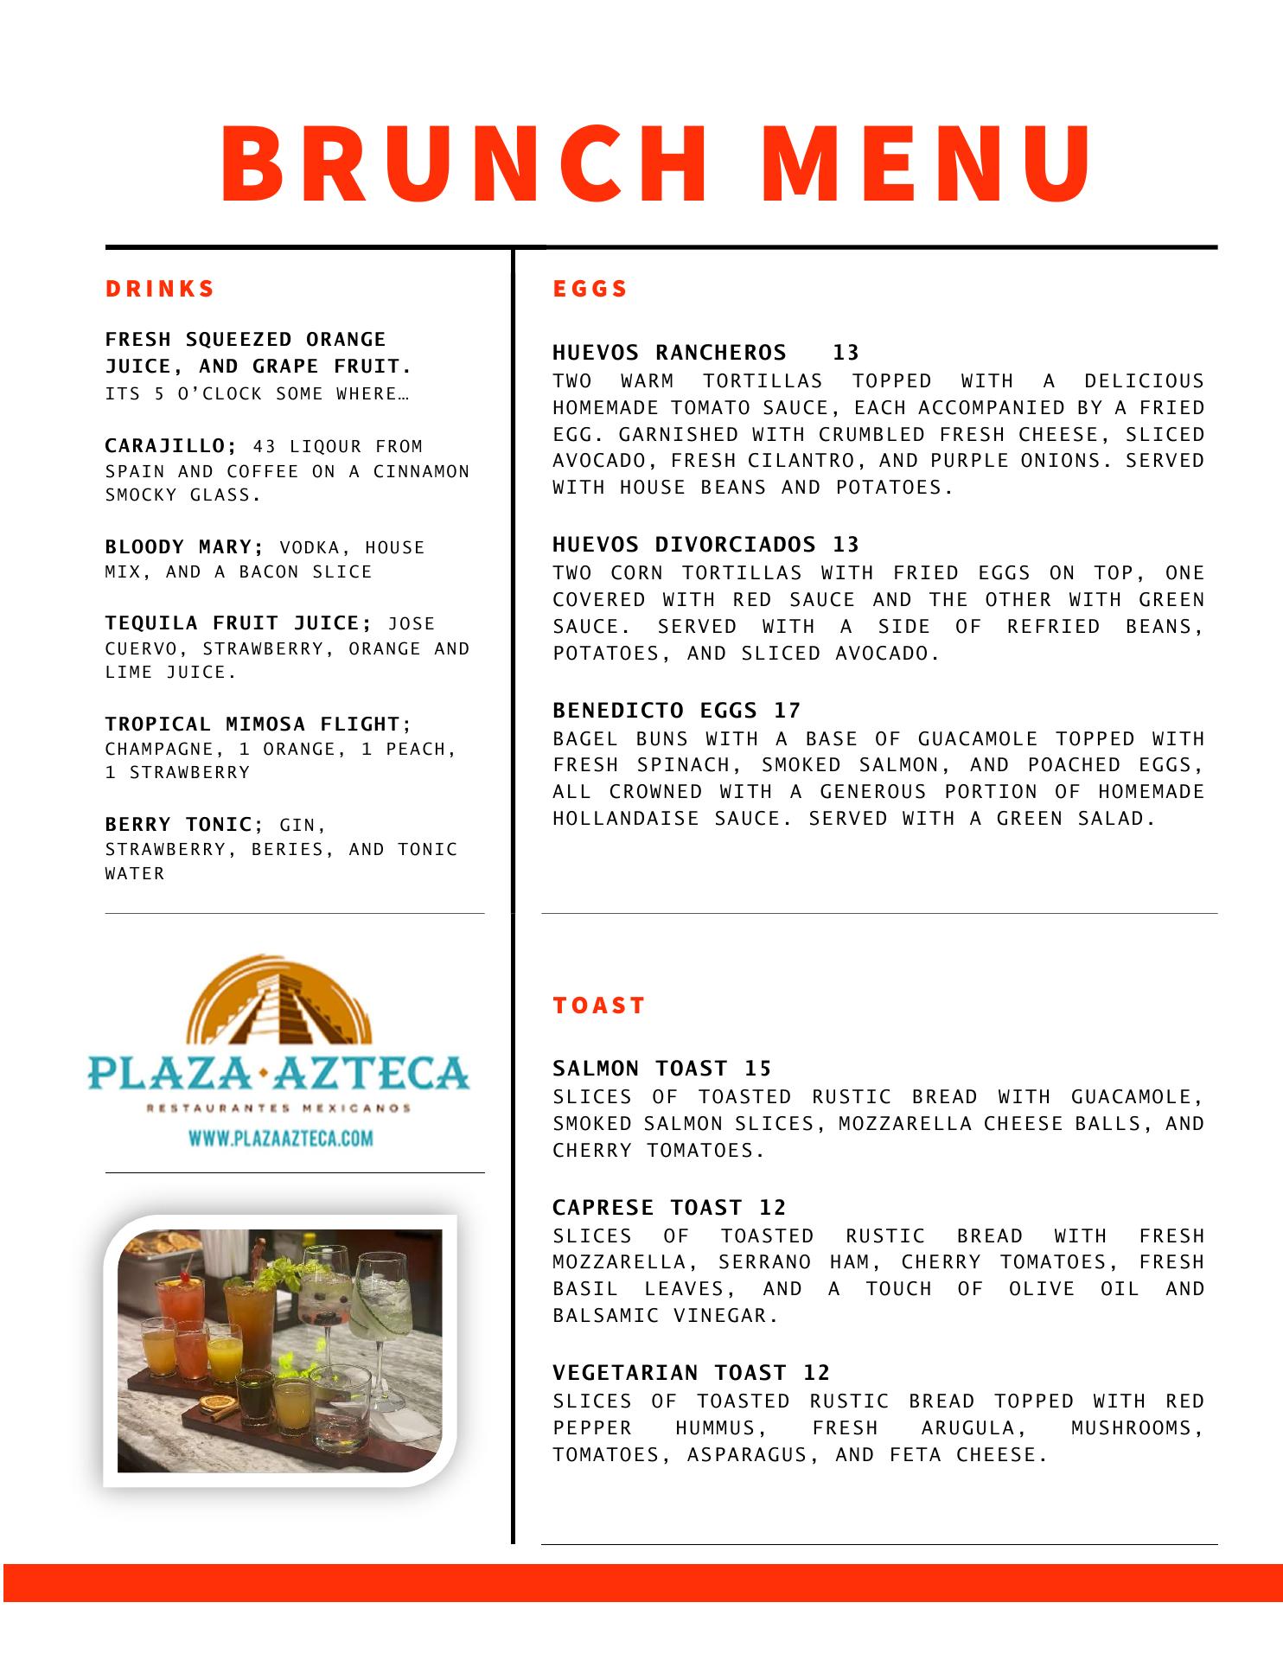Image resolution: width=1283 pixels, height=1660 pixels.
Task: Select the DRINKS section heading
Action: click(160, 289)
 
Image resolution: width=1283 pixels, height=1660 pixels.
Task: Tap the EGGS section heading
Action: click(590, 289)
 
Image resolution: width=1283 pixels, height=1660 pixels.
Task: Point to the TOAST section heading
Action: click(599, 1006)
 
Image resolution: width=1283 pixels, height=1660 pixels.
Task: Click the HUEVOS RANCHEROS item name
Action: click(669, 353)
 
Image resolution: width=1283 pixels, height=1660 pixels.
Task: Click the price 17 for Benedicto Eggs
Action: click(788, 711)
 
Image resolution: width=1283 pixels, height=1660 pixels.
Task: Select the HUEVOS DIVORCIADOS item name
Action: click(684, 545)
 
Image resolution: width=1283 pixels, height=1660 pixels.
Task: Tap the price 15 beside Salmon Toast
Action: click(758, 1069)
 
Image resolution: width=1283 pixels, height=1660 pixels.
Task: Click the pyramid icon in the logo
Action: click(279, 1007)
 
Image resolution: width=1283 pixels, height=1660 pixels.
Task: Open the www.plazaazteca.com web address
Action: click(281, 1139)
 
